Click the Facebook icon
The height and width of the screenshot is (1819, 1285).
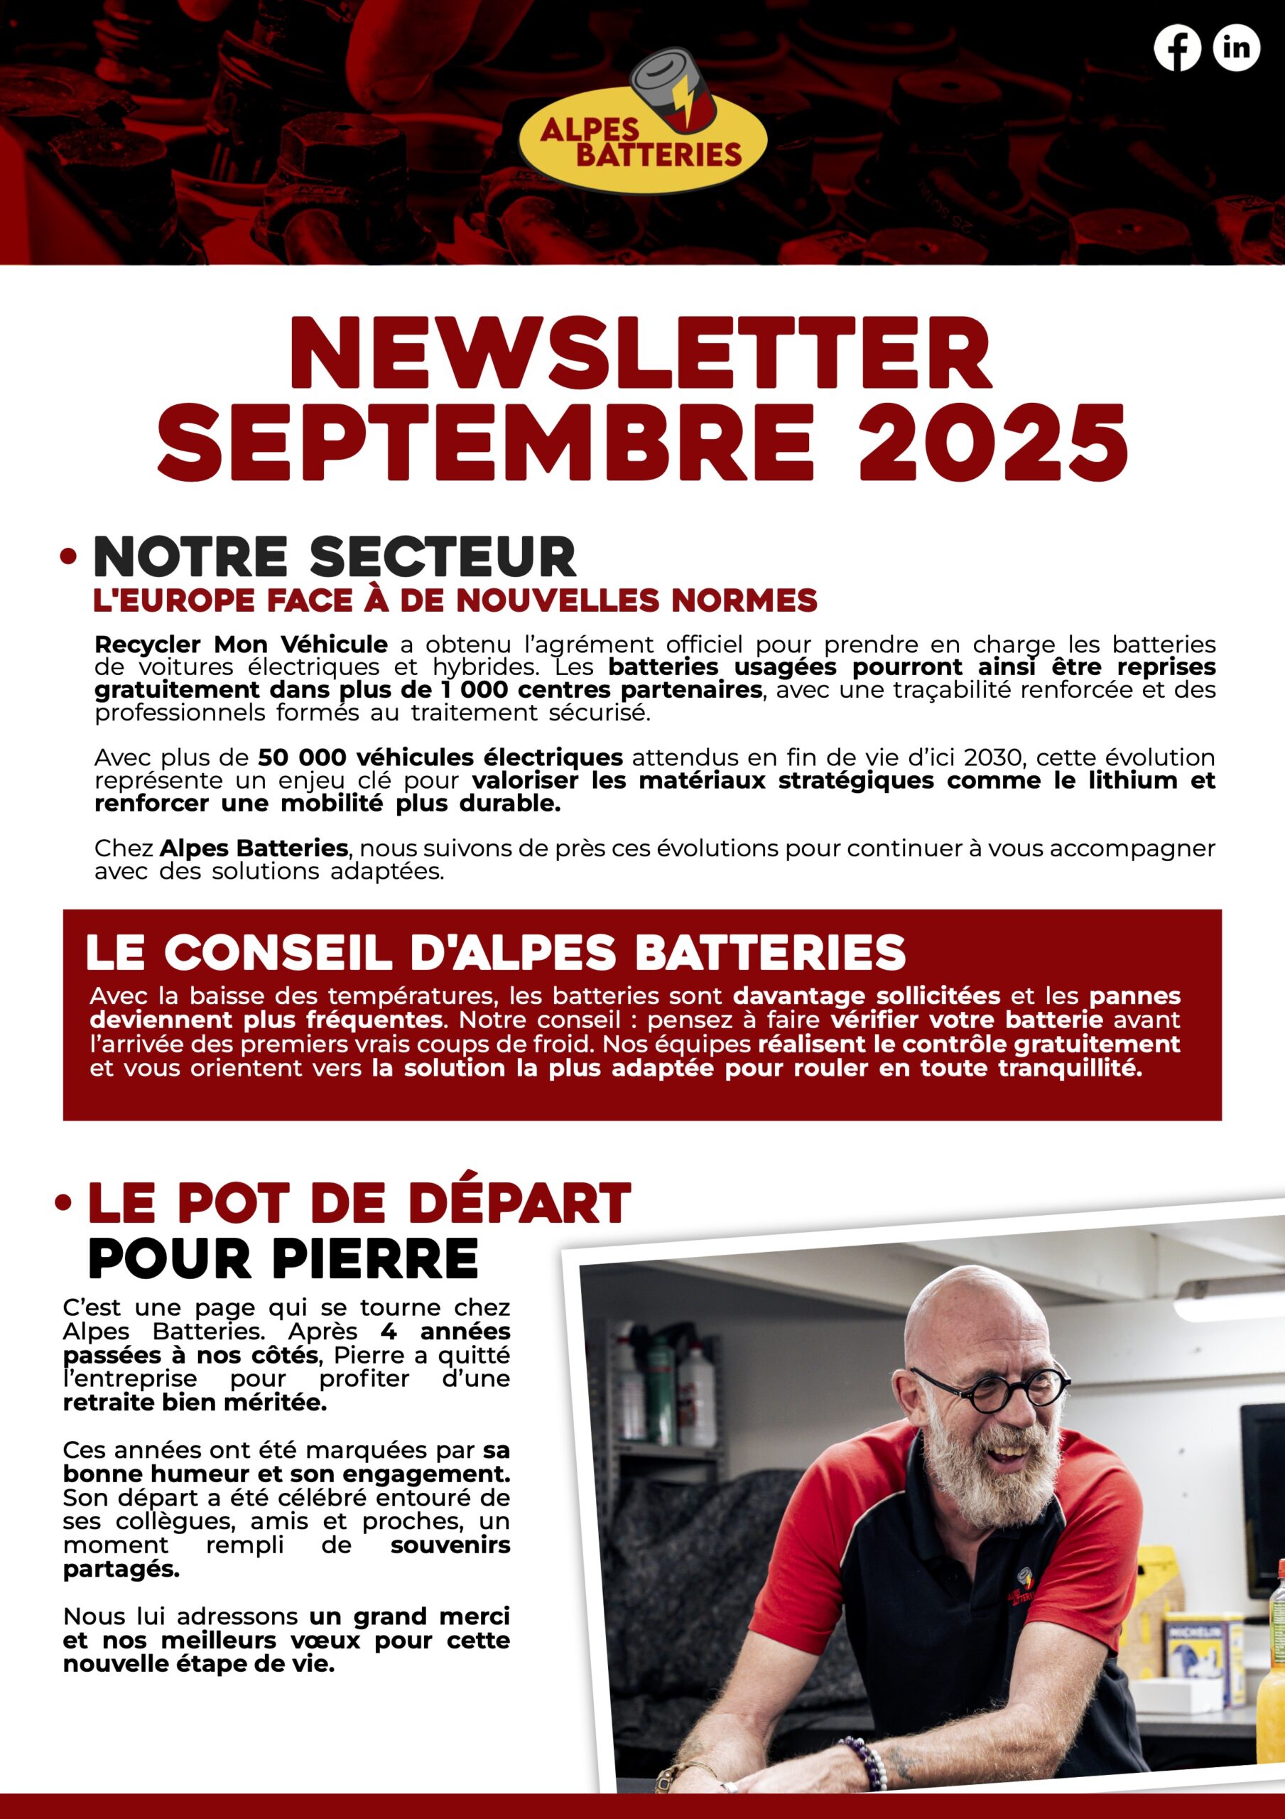(1176, 48)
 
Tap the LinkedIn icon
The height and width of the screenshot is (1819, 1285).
(1236, 48)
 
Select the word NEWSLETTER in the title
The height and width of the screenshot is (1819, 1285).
(640, 353)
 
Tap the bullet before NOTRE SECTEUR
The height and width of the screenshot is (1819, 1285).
(69, 557)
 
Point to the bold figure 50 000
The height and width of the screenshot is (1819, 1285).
(302, 757)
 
